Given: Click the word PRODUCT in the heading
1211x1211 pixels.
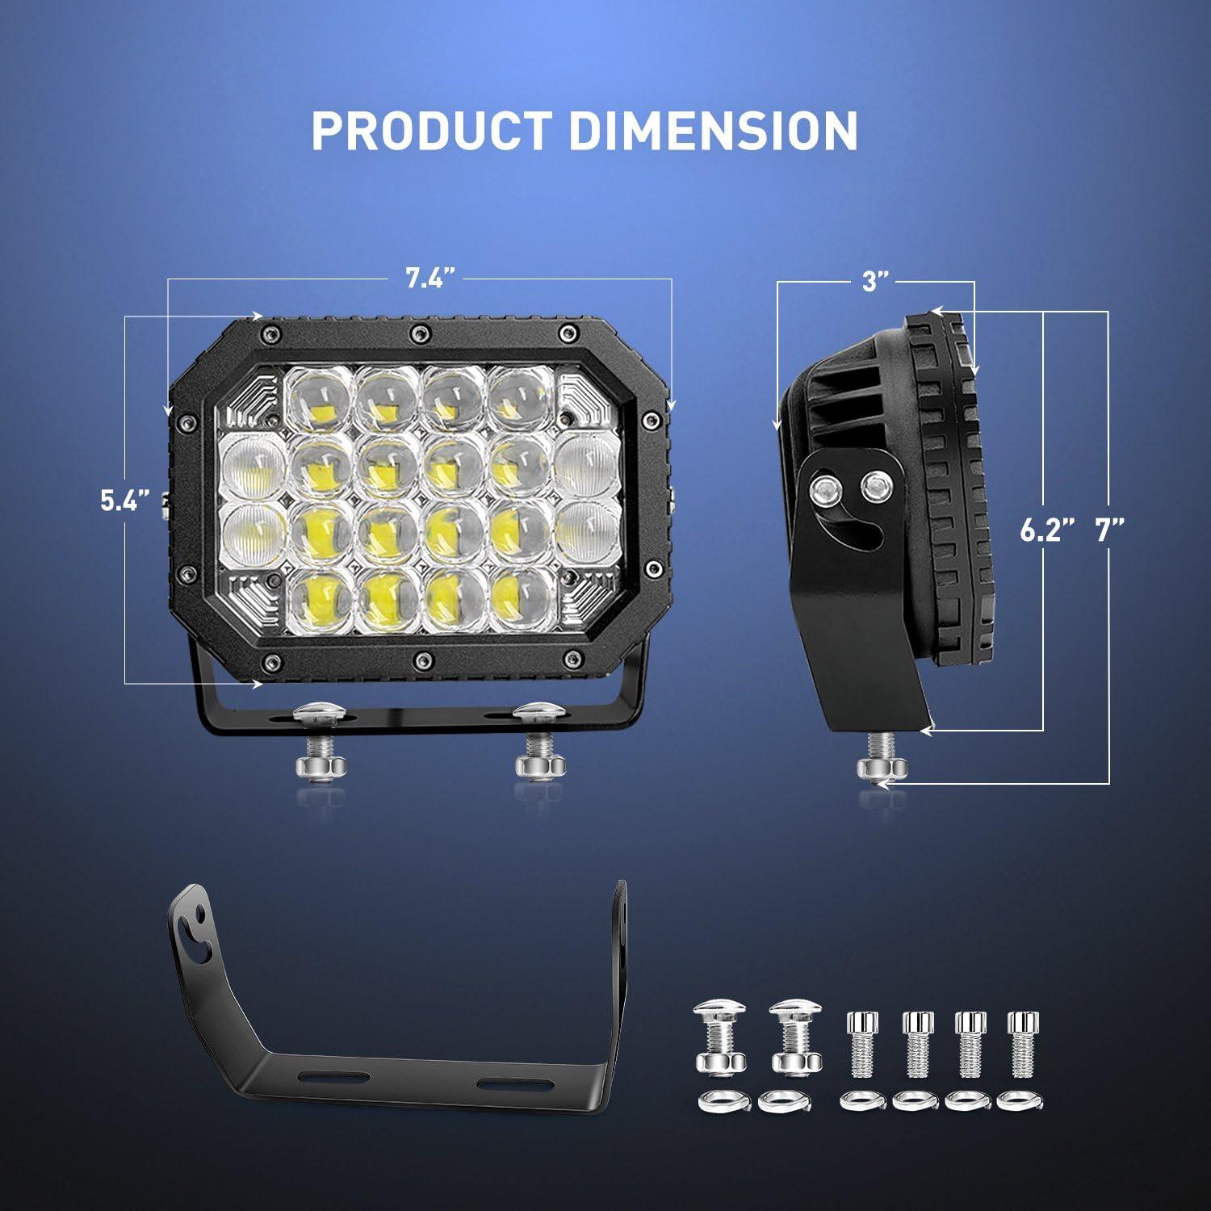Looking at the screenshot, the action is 432,131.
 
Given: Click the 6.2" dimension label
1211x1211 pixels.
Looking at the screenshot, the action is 1047,530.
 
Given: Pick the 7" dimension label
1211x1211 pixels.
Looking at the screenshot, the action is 1110,530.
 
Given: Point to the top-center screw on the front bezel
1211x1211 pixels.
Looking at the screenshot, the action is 417,333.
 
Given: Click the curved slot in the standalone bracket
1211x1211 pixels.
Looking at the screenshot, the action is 191,936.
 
